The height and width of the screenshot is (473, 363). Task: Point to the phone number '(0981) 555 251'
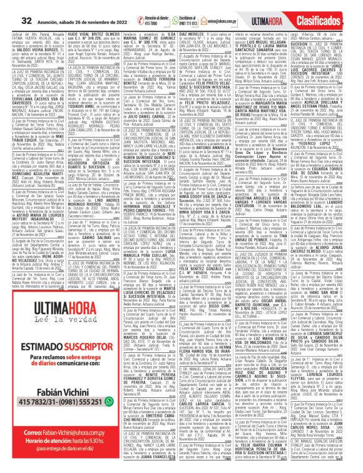pos(74,435)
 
